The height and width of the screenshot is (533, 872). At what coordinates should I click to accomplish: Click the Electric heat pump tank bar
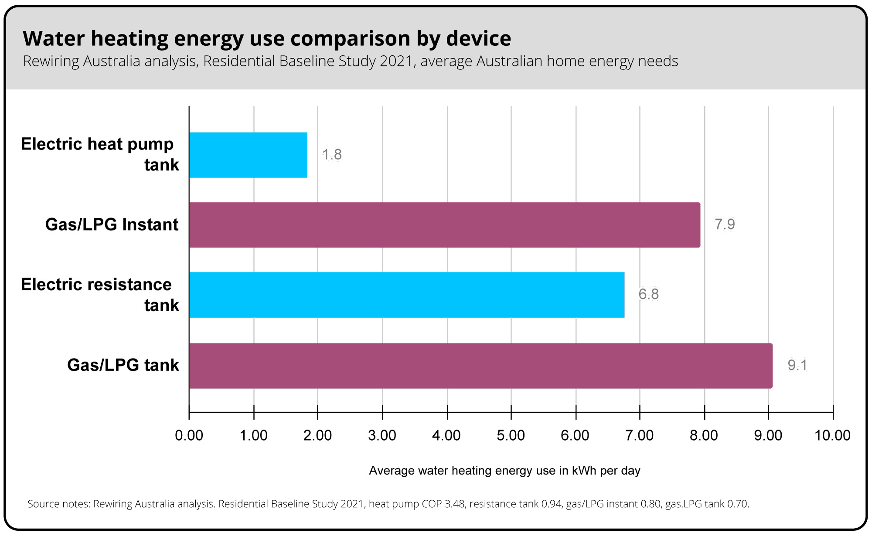(248, 155)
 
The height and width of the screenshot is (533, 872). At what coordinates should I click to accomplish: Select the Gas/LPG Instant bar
(444, 225)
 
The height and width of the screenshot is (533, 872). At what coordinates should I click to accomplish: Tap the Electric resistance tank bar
(406, 295)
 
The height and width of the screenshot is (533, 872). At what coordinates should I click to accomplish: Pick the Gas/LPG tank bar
(480, 366)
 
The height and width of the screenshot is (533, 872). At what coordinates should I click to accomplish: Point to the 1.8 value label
(332, 155)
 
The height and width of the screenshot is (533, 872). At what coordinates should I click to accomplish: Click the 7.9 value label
(724, 224)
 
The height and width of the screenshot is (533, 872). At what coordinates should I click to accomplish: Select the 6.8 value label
(648, 295)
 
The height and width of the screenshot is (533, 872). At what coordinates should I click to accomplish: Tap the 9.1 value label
(797, 365)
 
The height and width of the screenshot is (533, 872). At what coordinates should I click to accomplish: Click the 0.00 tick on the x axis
(189, 435)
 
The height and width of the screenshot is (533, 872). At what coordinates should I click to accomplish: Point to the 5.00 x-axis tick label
(511, 435)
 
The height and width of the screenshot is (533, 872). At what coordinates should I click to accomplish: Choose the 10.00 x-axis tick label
(832, 435)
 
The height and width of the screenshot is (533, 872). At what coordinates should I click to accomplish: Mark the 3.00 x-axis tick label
(382, 435)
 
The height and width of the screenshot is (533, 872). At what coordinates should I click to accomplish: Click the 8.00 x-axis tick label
(704, 435)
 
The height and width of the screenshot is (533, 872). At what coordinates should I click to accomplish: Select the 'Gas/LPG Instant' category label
(112, 225)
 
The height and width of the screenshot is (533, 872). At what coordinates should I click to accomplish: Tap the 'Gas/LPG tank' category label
(123, 365)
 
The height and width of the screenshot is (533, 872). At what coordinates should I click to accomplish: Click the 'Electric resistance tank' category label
(100, 295)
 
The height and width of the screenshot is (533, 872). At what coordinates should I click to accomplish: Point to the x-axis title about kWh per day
(504, 471)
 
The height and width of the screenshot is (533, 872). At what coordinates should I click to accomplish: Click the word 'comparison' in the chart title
(350, 38)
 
